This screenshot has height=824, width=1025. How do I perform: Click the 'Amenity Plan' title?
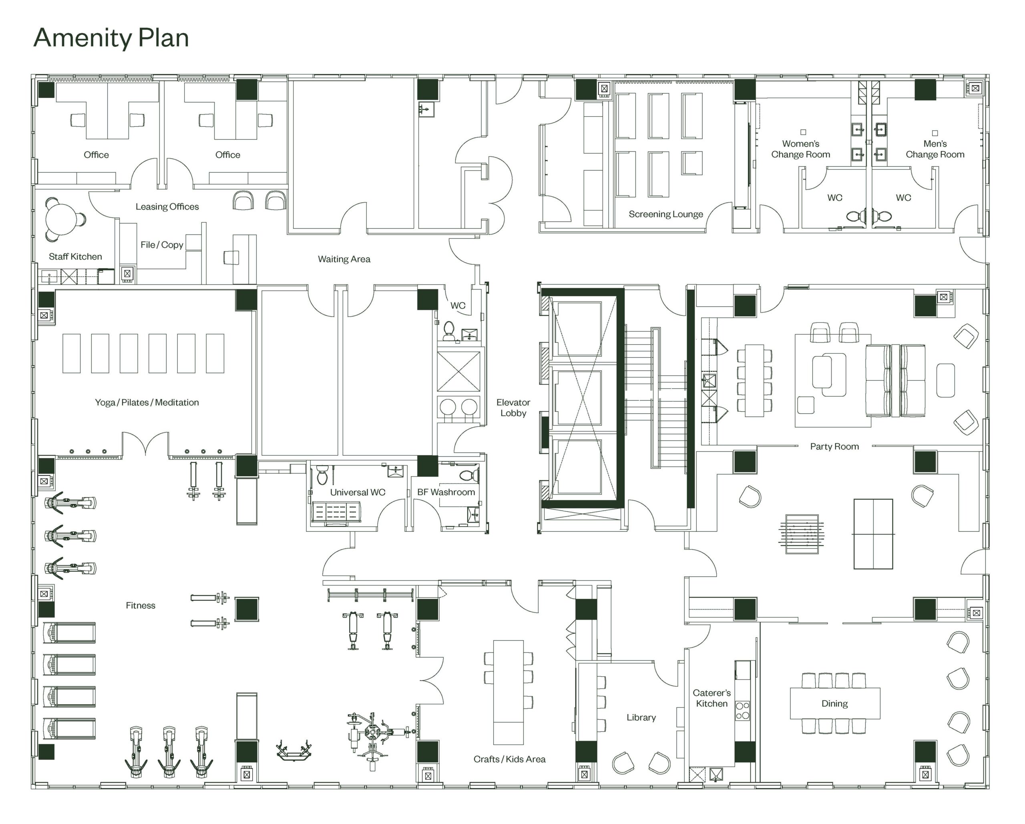point(111,38)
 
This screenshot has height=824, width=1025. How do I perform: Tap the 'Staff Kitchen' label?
point(75,256)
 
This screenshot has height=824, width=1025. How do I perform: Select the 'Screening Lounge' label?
point(665,214)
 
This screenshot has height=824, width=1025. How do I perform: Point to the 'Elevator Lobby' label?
point(513,408)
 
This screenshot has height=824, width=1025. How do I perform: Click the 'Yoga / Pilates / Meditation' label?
point(147,402)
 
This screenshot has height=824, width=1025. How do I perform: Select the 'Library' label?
point(641,717)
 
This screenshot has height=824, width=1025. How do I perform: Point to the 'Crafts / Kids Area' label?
point(509,759)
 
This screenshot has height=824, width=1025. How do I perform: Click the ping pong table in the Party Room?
point(873,534)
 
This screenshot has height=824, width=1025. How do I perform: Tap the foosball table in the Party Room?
point(802,534)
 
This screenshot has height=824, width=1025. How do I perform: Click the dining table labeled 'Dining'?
point(835,703)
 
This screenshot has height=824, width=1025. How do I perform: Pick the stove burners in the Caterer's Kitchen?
point(743,710)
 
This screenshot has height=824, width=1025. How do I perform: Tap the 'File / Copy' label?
point(162,244)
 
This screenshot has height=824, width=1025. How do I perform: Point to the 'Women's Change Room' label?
point(801,149)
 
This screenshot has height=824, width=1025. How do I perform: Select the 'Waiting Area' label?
point(344,259)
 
